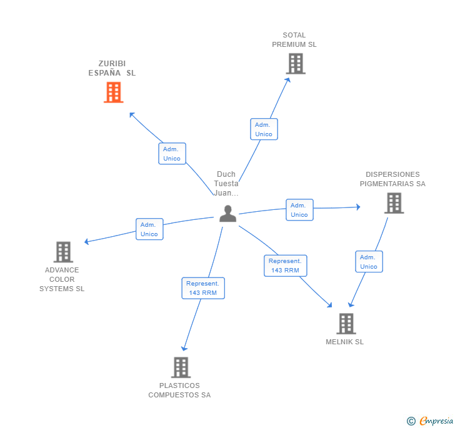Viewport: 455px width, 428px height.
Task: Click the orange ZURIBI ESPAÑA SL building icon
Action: (113, 92)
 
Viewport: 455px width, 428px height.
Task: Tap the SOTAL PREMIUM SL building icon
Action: (296, 64)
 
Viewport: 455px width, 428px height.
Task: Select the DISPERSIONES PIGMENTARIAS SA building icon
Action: (394, 203)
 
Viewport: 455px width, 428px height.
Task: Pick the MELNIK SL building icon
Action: (346, 324)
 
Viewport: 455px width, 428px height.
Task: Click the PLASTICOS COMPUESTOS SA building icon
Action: (181, 367)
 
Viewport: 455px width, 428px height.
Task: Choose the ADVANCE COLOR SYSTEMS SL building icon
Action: (63, 252)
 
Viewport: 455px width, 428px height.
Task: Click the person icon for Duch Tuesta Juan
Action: (228, 214)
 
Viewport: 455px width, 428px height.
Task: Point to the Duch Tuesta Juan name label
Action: (226, 184)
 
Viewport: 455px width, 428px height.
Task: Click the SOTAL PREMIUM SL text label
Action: (294, 40)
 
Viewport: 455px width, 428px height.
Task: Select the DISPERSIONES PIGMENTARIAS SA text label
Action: (392, 179)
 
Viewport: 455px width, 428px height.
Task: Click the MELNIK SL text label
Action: (344, 342)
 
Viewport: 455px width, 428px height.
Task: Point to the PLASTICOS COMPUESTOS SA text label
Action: (179, 390)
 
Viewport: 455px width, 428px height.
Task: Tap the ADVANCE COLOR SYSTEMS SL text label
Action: (62, 279)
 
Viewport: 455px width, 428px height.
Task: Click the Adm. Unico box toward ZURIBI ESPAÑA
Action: (172, 154)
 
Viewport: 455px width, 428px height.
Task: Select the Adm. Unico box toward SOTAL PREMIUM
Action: (264, 129)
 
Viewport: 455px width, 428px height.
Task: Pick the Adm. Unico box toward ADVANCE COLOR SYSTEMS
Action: (149, 229)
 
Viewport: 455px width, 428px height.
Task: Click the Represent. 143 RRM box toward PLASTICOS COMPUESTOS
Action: (202, 288)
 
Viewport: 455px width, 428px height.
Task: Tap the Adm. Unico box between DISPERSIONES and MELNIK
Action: (369, 262)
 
